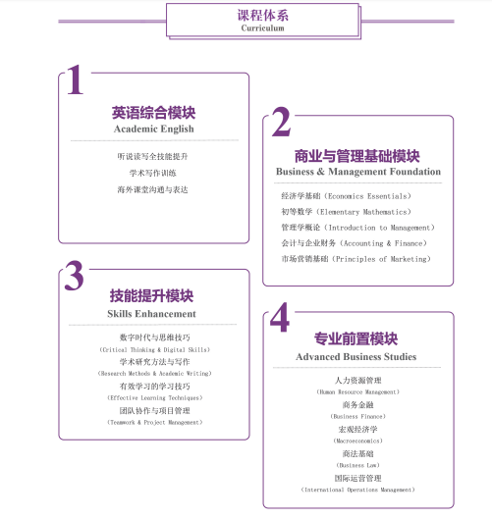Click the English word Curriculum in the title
(262, 28)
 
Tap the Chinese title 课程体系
(263, 16)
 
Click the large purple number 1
(76, 79)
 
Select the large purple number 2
(281, 122)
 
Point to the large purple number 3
(75, 276)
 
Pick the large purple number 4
(280, 317)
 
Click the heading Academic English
(154, 129)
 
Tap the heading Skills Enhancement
(151, 313)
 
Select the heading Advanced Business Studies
(356, 356)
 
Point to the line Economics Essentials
(367, 196)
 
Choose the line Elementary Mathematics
(363, 212)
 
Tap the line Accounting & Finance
(383, 243)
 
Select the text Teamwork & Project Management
(155, 422)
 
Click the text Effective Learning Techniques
(155, 398)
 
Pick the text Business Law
(357, 465)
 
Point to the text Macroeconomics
(357, 441)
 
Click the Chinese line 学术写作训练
(153, 173)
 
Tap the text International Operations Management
(357, 490)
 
